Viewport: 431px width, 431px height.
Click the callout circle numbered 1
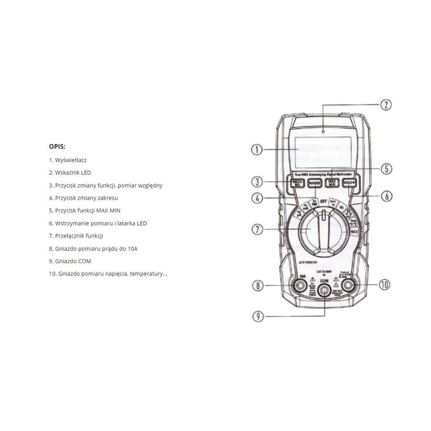tap(257, 150)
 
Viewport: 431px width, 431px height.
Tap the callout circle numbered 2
tap(385, 105)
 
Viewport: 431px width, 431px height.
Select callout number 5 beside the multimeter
tap(386, 168)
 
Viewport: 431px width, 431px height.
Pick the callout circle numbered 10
tap(385, 284)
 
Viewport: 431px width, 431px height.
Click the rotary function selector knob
tap(323, 233)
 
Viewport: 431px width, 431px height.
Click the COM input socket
tap(324, 291)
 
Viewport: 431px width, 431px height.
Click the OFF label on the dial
tap(323, 201)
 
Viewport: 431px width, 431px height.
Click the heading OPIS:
tap(57, 146)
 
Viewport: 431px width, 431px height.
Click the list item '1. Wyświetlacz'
tap(68, 160)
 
